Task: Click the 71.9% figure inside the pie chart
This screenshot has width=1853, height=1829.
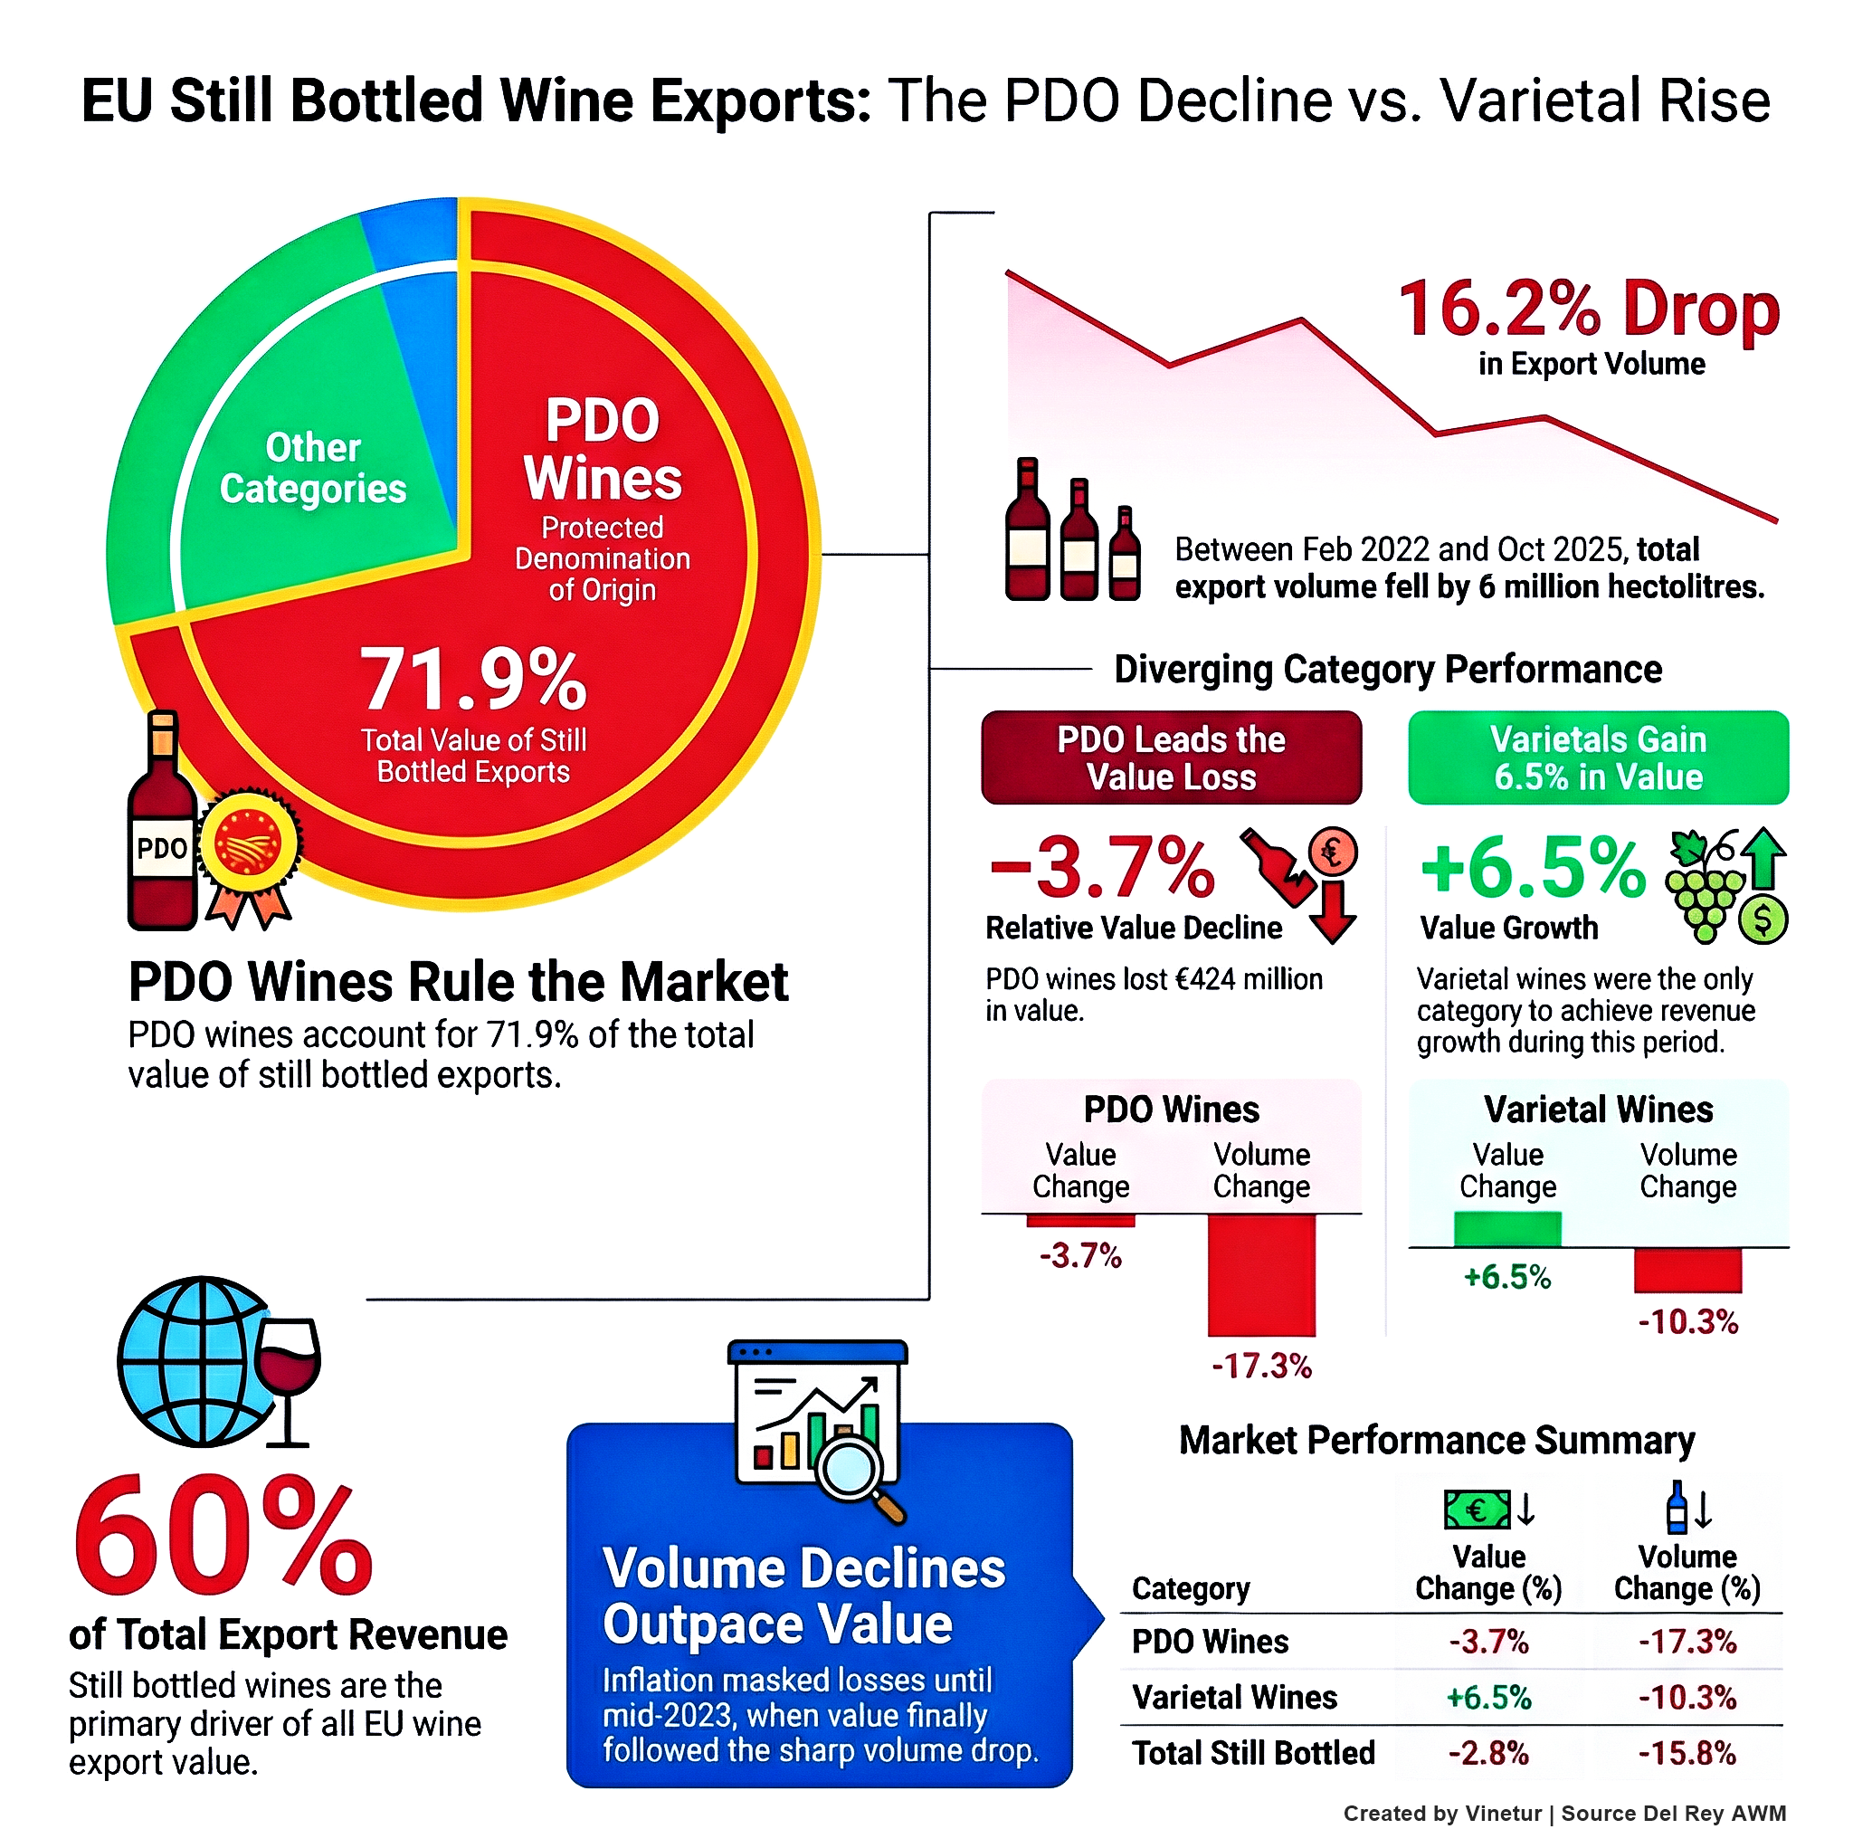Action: point(472,678)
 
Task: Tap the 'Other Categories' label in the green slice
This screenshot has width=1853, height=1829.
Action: point(313,468)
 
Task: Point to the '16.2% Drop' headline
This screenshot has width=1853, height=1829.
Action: point(1587,309)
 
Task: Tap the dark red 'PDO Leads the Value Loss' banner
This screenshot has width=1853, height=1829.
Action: point(1170,757)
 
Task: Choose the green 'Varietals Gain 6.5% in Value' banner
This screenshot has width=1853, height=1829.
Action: point(1597,757)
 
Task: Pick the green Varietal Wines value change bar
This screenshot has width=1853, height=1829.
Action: point(1506,1229)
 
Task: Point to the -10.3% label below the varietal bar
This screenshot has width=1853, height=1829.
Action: point(1687,1321)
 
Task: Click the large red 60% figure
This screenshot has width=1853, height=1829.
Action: point(223,1535)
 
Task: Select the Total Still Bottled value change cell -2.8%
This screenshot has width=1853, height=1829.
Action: point(1487,1752)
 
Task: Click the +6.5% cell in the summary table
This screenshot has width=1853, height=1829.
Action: point(1487,1697)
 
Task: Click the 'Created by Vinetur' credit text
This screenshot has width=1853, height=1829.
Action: point(1441,1813)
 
